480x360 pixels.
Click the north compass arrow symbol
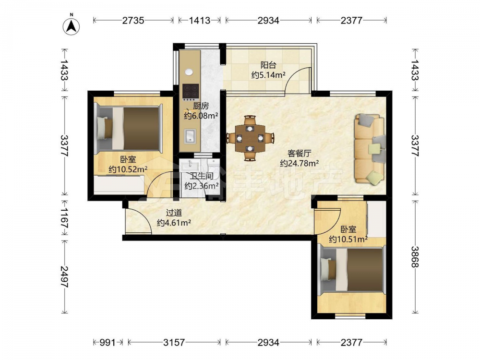tap(72, 26)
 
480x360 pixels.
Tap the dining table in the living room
tap(250, 138)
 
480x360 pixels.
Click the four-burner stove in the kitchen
tap(191, 91)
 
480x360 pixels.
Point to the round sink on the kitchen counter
tap(189, 72)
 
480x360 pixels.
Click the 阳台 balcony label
tap(268, 65)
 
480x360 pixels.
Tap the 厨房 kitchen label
tap(201, 106)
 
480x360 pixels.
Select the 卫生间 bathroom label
tap(202, 176)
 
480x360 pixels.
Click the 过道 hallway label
tap(174, 213)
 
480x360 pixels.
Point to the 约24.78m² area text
tap(300, 163)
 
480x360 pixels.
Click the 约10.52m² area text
tap(128, 169)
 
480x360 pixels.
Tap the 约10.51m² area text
tap(348, 239)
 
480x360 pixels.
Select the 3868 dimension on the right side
tap(415, 257)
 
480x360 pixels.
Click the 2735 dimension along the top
tap(133, 21)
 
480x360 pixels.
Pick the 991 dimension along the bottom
tap(108, 342)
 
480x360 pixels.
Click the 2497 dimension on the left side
tap(64, 277)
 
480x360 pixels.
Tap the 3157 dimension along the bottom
tap(174, 342)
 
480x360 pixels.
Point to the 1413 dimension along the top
tap(200, 21)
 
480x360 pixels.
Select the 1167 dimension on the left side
tap(64, 218)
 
